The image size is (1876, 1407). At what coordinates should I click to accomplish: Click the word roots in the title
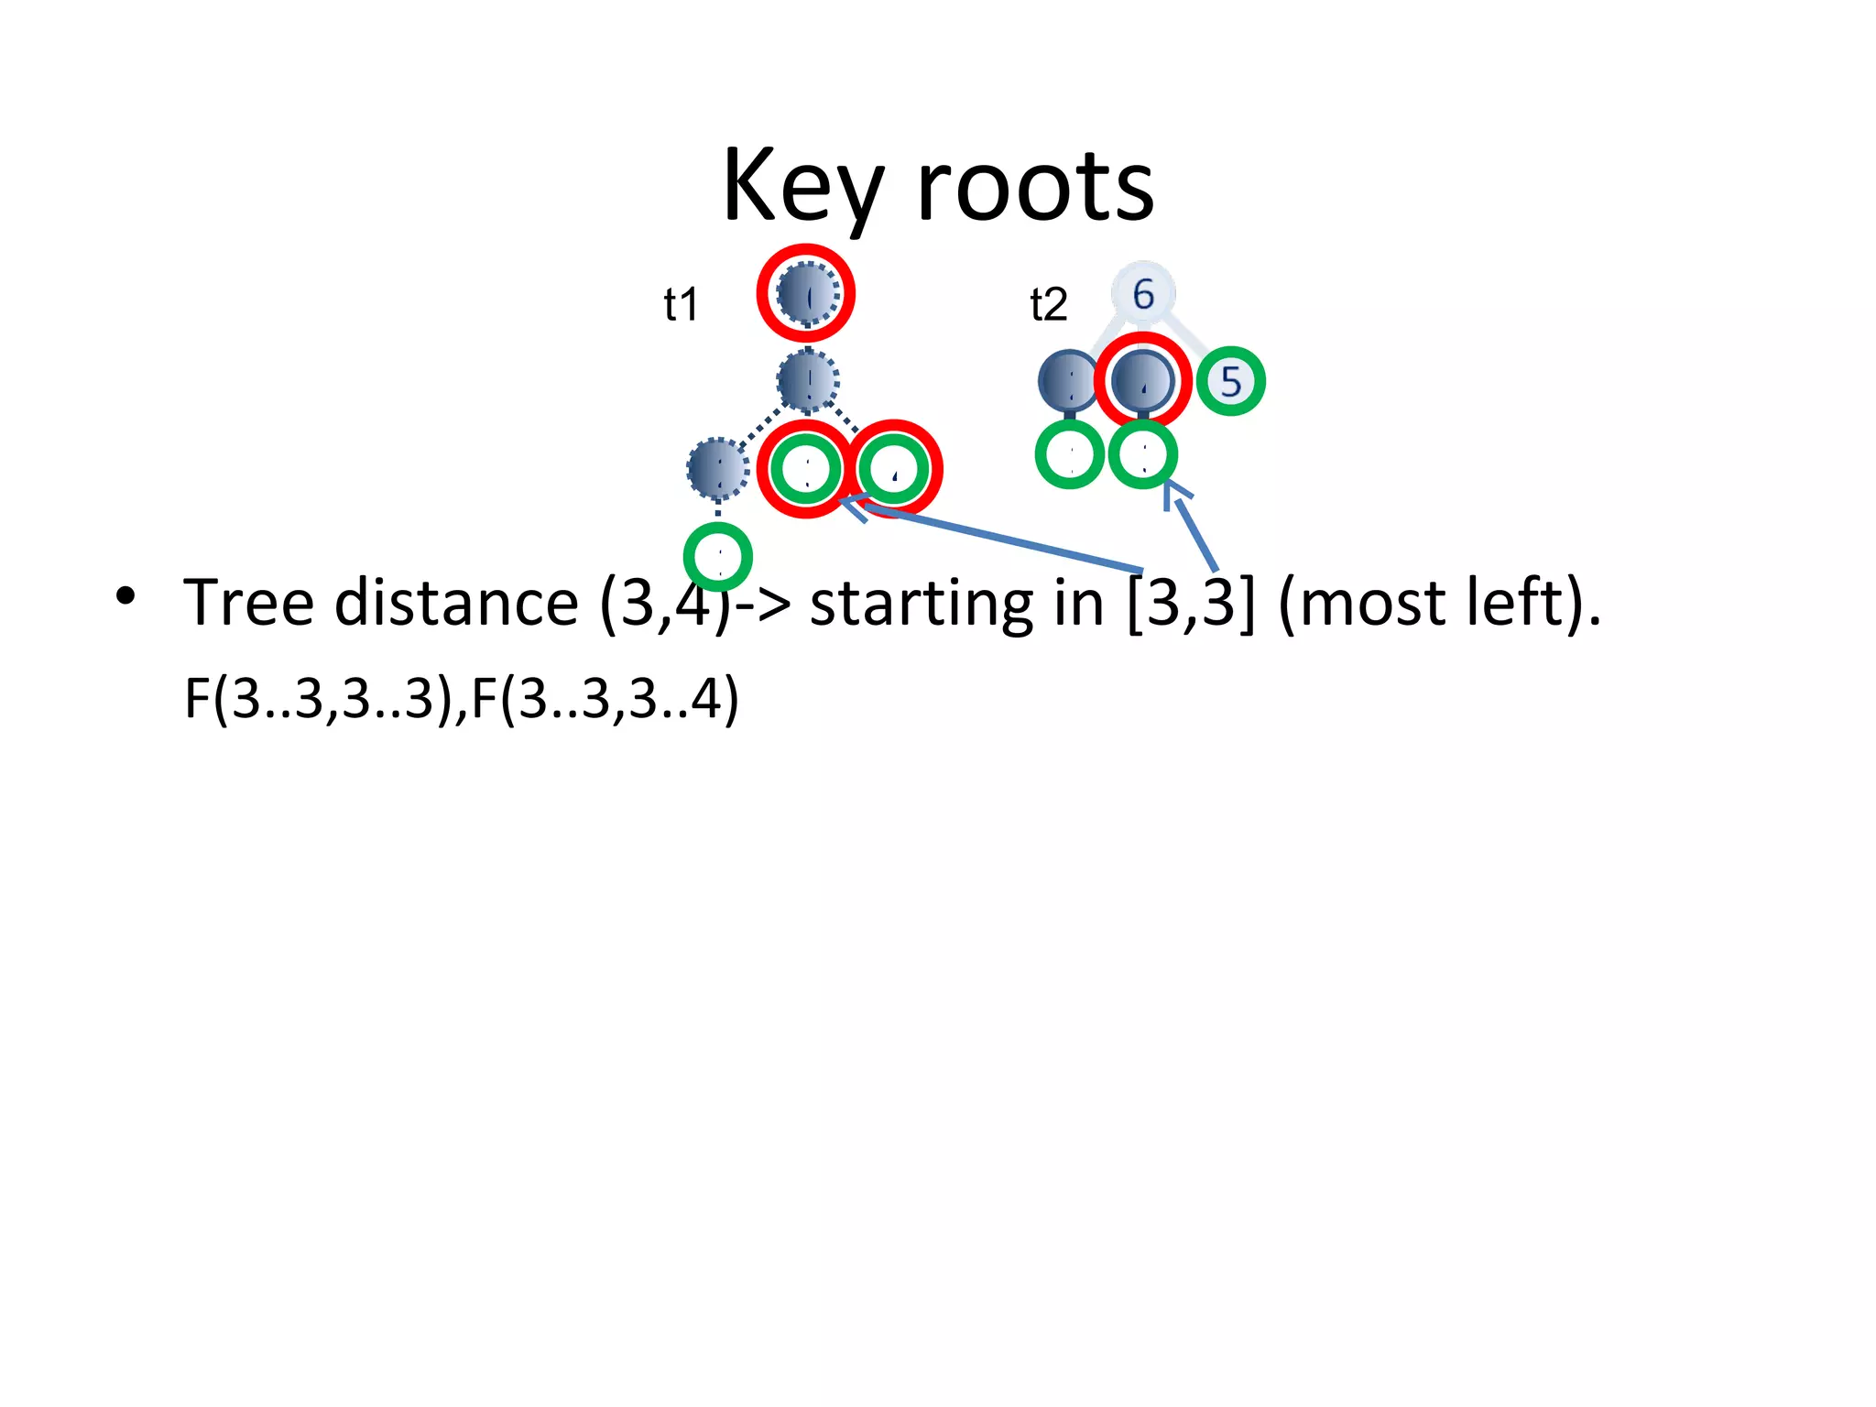[1035, 188]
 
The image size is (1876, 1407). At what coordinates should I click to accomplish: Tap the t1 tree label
[681, 304]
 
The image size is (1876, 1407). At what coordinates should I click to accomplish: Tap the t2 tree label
[1048, 304]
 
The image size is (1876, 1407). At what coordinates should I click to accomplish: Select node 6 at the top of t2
[1143, 294]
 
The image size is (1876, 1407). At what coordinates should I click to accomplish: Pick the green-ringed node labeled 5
[1230, 381]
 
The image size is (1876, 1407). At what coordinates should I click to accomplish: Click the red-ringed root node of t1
[806, 294]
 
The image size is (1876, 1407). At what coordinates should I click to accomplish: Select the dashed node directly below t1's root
[807, 380]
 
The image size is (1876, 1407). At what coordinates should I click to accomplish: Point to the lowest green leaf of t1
[718, 557]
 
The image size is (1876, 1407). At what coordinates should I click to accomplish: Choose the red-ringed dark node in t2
[1142, 380]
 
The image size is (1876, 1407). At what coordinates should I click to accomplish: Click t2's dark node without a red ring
[1067, 380]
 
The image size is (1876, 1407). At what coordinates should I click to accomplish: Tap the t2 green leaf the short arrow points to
[1142, 454]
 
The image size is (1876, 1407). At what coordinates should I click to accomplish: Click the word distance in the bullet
[455, 604]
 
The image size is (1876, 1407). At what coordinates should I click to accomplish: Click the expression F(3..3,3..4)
[605, 698]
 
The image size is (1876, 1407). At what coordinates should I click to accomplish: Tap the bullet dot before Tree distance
[126, 596]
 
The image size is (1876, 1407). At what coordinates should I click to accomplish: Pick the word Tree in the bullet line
[248, 604]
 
